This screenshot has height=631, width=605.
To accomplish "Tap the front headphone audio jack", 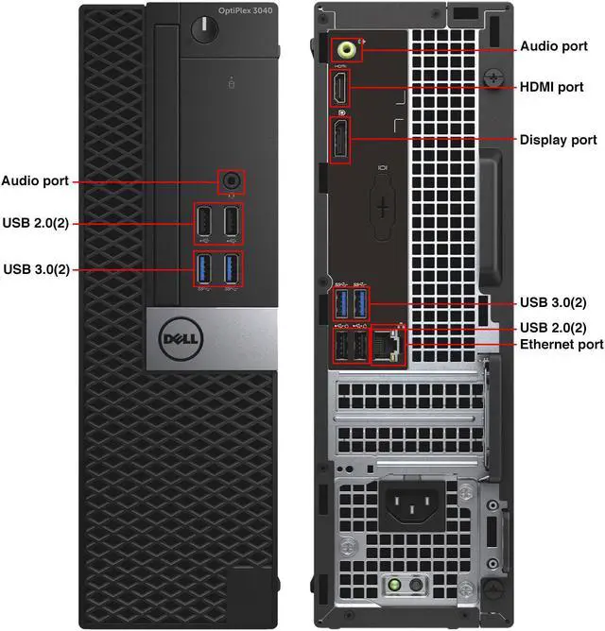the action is tap(230, 179).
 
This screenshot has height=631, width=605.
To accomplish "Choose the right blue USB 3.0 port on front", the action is tap(231, 268).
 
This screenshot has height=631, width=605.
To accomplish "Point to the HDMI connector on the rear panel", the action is tap(338, 90).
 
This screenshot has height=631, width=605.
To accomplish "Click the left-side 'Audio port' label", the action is tap(34, 180).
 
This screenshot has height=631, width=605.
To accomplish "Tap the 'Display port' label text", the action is tap(559, 140).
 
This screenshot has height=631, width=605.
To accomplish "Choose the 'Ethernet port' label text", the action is tap(562, 345).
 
